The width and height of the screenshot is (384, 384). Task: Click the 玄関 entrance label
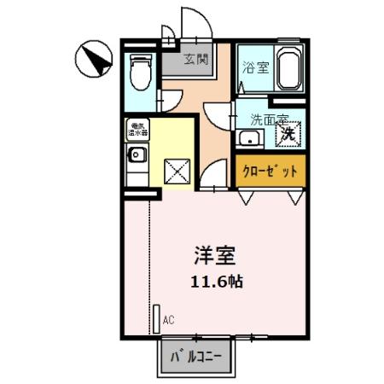point(195,59)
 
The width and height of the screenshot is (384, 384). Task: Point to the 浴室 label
point(253,68)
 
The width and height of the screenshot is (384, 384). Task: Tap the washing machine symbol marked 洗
point(289,133)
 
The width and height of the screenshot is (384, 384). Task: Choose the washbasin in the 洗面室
point(251,139)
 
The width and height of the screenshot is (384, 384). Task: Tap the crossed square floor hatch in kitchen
point(175,172)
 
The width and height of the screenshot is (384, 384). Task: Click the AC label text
point(168,320)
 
